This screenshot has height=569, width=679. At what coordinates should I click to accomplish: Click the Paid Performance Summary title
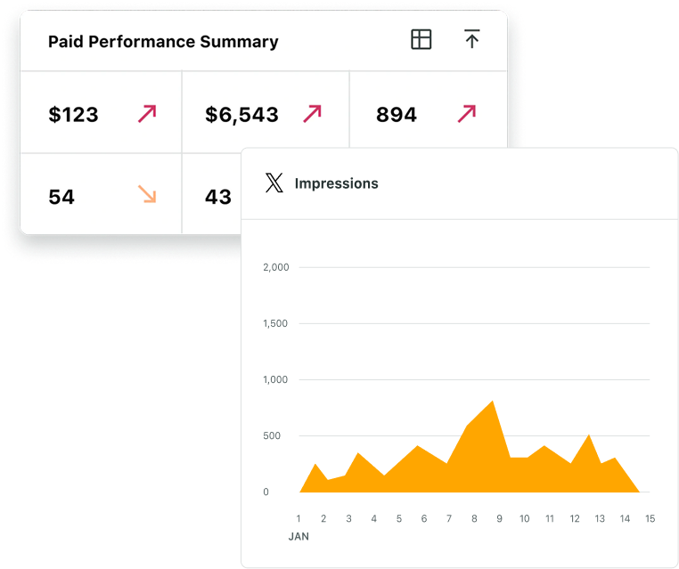tap(163, 42)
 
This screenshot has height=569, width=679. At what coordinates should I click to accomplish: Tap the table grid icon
tap(421, 39)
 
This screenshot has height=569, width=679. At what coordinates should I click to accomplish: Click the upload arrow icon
tap(472, 38)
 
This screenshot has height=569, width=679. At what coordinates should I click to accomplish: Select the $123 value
tap(73, 115)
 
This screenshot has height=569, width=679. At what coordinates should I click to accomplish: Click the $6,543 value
tap(241, 115)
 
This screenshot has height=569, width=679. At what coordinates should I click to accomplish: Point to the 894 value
tap(397, 115)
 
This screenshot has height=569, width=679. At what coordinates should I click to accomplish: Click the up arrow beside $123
tap(147, 114)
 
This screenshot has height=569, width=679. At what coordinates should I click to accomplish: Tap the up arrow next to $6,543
tap(312, 114)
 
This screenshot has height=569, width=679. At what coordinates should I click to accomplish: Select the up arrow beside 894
tap(467, 114)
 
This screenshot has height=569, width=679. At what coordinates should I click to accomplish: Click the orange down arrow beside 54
tap(147, 194)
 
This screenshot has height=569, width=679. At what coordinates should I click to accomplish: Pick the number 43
tap(218, 197)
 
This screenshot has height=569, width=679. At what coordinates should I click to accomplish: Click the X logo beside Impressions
tap(274, 183)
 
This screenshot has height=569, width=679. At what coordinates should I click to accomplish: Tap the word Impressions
tap(337, 183)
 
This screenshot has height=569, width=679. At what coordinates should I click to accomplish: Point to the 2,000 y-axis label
tap(276, 267)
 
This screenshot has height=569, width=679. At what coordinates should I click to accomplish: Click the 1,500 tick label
tap(275, 323)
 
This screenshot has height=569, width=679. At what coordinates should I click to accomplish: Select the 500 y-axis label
tap(272, 435)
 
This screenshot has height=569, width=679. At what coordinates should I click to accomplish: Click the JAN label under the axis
tap(299, 537)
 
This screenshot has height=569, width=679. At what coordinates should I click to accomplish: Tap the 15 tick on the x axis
tap(650, 518)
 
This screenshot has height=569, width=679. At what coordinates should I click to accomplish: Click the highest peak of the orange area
tap(493, 401)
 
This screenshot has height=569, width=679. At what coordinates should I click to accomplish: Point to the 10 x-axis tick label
tap(525, 518)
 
